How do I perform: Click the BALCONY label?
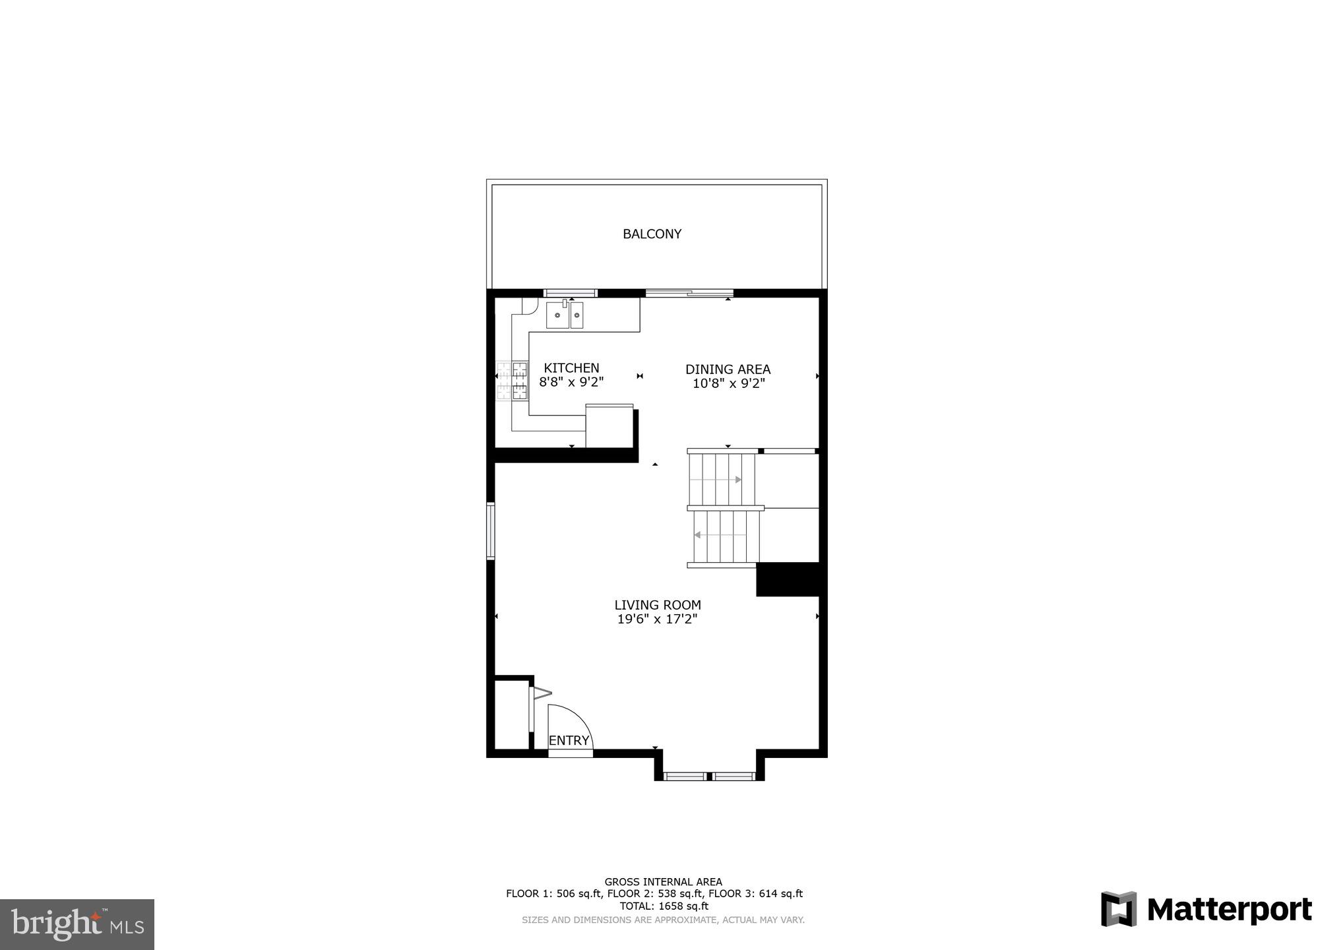pyautogui.click(x=652, y=234)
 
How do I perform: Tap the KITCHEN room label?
pyautogui.click(x=571, y=368)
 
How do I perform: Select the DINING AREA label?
pyautogui.click(x=728, y=369)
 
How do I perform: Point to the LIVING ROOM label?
pyautogui.click(x=657, y=605)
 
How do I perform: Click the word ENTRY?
pyautogui.click(x=569, y=741)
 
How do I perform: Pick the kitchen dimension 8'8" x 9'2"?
pyautogui.click(x=571, y=382)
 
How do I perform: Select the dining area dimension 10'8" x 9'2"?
pyautogui.click(x=728, y=383)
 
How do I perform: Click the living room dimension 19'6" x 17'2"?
pyautogui.click(x=657, y=619)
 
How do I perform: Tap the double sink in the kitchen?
pyautogui.click(x=565, y=315)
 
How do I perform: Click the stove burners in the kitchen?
pyautogui.click(x=513, y=381)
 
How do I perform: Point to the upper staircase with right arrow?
pyautogui.click(x=722, y=479)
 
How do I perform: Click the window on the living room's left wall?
pyautogui.click(x=491, y=531)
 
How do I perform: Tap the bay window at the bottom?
pyautogui.click(x=709, y=776)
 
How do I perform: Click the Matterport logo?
pyautogui.click(x=1206, y=910)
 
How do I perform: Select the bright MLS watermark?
pyautogui.click(x=77, y=924)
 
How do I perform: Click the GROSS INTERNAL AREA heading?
pyautogui.click(x=663, y=882)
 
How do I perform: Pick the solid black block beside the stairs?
pyautogui.click(x=788, y=579)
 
